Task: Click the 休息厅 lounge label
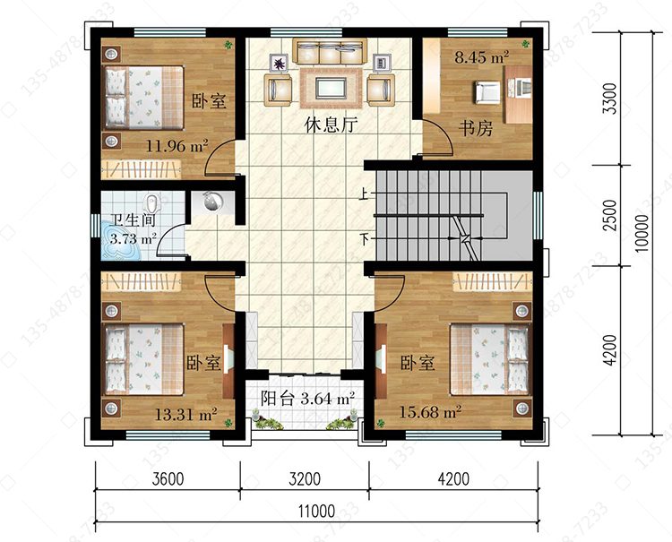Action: pyautogui.click(x=331, y=125)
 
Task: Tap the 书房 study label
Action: pyautogui.click(x=476, y=128)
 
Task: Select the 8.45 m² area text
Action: pyautogui.click(x=482, y=57)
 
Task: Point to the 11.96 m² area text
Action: pyautogui.click(x=177, y=146)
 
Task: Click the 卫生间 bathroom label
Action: pyautogui.click(x=132, y=219)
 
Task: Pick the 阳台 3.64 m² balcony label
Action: pyautogui.click(x=307, y=399)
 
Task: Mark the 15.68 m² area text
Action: pyautogui.click(x=430, y=412)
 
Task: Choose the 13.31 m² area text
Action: pyautogui.click(x=186, y=414)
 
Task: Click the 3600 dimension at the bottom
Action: pyautogui.click(x=168, y=478)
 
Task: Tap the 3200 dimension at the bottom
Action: pyautogui.click(x=305, y=478)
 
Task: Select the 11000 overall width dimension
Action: pyautogui.click(x=316, y=512)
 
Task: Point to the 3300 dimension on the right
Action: pyautogui.click(x=609, y=99)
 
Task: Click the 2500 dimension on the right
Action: pyautogui.click(x=609, y=216)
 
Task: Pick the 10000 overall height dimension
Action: pyautogui.click(x=642, y=233)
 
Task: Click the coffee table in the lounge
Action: pyautogui.click(x=331, y=89)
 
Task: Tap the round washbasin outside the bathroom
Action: pyautogui.click(x=213, y=202)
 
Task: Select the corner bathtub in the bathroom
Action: pyautogui.click(x=121, y=242)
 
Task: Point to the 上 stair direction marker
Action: pyautogui.click(x=363, y=195)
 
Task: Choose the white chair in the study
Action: pyautogui.click(x=487, y=92)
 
